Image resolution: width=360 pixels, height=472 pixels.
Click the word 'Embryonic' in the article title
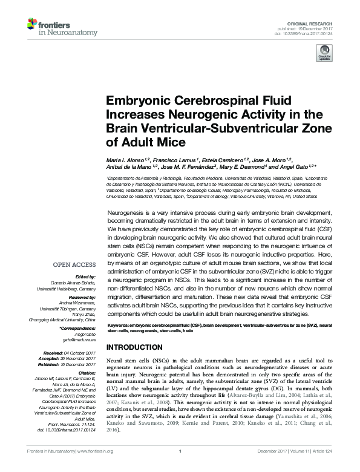(139, 100)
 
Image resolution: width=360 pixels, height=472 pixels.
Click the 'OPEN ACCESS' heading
(74, 265)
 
